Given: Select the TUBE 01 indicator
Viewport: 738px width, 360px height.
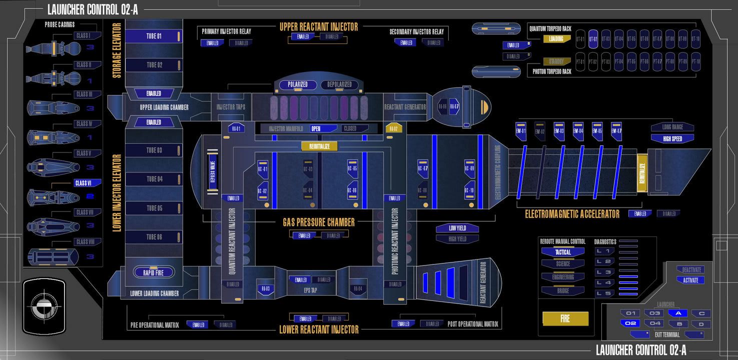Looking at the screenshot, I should coord(154,36).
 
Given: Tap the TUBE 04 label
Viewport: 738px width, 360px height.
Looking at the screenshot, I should coord(154,179).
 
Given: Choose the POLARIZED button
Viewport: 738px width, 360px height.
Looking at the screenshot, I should coord(297,84).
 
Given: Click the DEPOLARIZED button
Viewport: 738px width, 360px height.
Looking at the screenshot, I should coord(340,84).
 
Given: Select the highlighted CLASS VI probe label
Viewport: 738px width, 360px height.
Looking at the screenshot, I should coord(84,183).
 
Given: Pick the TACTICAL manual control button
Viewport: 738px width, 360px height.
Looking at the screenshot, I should coord(563,252).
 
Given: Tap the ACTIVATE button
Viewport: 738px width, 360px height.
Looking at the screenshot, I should coord(690,280).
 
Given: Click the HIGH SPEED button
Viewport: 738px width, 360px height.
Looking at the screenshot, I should coord(672,138).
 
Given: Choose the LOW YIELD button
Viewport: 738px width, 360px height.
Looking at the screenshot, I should coord(457,228).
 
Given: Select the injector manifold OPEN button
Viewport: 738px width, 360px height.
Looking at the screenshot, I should coord(322,128).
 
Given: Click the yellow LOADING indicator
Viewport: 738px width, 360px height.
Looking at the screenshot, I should coord(557,38).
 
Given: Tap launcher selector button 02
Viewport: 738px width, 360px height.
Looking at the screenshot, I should coord(630,323).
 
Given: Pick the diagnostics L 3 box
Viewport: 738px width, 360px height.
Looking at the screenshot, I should coord(604,272).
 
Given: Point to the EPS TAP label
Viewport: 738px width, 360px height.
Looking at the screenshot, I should coord(311,290).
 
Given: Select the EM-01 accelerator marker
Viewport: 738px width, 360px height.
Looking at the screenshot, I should coord(521,131).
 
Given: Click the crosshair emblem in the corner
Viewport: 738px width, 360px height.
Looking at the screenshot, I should coord(44,306).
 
